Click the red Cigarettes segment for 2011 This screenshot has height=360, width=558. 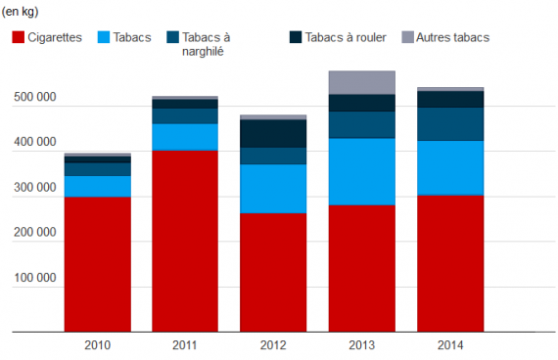tap(185, 242)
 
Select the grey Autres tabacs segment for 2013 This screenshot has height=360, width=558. tap(362, 82)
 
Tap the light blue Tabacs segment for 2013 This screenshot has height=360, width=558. tap(362, 172)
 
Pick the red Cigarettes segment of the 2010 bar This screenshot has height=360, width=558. tap(98, 264)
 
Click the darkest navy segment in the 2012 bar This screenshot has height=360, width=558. tap(273, 134)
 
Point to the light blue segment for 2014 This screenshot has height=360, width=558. tap(450, 168)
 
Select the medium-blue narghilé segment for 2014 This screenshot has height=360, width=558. tap(450, 124)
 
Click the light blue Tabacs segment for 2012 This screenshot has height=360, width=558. tap(273, 189)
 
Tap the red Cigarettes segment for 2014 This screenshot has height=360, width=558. tap(450, 263)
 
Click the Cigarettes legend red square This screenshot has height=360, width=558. tap(19, 37)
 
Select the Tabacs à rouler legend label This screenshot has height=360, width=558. tap(346, 37)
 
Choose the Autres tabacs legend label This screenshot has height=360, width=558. tap(452, 37)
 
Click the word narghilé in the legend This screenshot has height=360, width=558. tap(203, 52)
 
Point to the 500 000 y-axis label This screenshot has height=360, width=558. tap(35, 97)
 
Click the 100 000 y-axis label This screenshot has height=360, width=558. tap(35, 278)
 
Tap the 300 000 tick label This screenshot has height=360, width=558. tap(35, 187)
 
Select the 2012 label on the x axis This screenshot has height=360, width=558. tap(273, 345)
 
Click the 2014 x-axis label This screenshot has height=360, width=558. tap(450, 345)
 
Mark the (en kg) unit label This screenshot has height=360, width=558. tap(20, 12)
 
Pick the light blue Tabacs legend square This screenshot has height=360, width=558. tap(104, 37)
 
